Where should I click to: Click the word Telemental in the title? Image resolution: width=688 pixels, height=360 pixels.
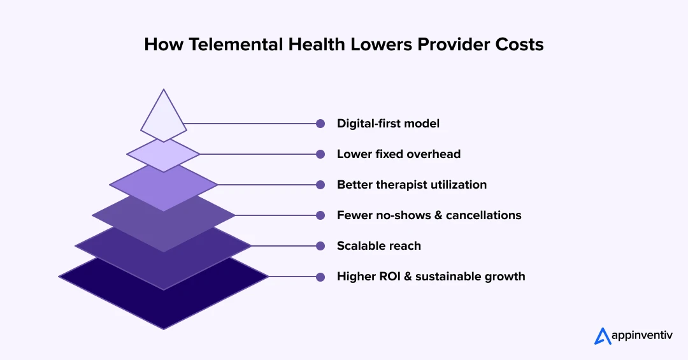[236, 45]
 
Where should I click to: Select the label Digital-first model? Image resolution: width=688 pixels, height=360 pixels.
[388, 124]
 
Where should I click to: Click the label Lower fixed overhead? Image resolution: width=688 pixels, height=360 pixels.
[398, 154]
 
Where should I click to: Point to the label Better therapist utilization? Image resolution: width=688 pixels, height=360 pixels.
[412, 185]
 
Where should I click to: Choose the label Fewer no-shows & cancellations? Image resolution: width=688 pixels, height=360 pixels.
[429, 215]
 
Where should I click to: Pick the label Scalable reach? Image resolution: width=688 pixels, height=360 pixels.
[378, 246]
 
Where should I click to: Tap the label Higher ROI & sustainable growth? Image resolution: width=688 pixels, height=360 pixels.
[431, 277]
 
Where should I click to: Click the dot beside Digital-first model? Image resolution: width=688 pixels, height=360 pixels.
[320, 124]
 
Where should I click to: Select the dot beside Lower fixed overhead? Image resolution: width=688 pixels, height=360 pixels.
[320, 154]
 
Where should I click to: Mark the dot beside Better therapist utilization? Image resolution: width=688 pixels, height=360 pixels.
[320, 185]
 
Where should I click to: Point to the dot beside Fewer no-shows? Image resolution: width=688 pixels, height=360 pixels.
[320, 215]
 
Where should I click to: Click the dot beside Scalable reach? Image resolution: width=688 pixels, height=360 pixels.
[320, 246]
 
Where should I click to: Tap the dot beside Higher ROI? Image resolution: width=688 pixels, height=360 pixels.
[320, 277]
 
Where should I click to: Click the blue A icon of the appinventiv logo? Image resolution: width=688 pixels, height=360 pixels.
[603, 336]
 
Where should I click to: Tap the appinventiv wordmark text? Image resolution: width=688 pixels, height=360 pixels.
[642, 336]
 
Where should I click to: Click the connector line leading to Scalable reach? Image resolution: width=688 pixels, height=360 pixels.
[284, 246]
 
